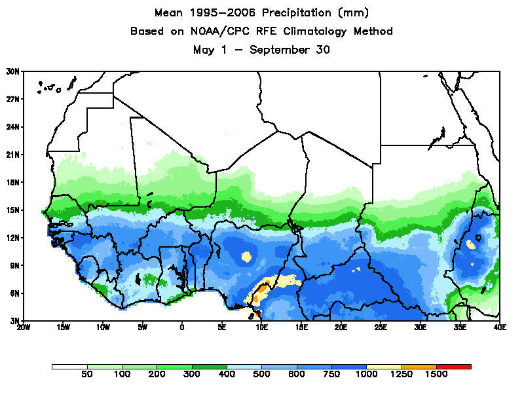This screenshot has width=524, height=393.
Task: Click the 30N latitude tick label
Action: (13, 71)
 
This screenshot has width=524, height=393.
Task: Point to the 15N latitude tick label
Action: (13, 210)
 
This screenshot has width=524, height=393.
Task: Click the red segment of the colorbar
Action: (453, 367)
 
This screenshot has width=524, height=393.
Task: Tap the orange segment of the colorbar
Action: (419, 367)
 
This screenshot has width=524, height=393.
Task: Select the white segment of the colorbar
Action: (69, 367)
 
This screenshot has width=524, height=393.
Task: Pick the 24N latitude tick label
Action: (13, 127)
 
